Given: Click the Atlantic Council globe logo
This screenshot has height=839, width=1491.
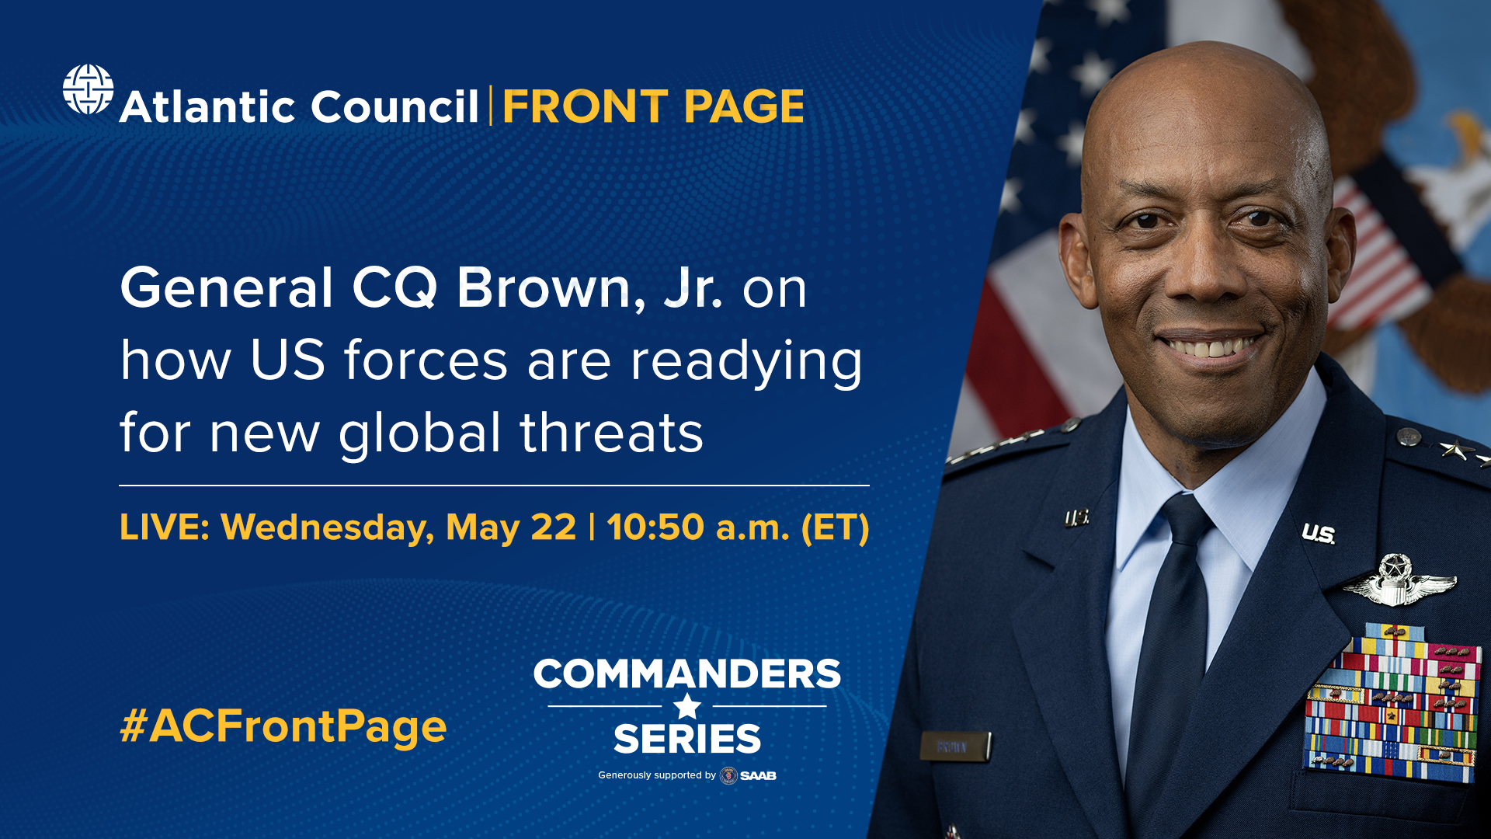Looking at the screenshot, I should click(88, 89).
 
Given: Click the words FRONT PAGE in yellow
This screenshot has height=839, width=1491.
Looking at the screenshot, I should click(653, 106).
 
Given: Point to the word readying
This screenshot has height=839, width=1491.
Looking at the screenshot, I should click(746, 361).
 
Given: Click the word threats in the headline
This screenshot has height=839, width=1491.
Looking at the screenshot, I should click(611, 433).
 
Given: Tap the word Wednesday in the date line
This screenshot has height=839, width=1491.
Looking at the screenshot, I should click(327, 527).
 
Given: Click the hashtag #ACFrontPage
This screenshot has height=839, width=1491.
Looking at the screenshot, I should click(283, 726).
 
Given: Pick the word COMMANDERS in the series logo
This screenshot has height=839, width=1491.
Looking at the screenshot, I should click(687, 674).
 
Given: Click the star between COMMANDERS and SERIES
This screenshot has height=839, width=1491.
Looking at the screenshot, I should click(687, 707).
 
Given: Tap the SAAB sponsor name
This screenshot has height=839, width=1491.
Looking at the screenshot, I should click(758, 775).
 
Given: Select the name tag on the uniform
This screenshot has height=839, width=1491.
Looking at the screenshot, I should click(954, 747).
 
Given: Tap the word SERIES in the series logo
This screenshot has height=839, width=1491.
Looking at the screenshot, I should click(687, 739).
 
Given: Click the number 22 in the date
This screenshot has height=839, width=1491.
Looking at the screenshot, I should click(553, 527).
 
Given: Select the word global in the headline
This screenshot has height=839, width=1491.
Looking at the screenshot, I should click(419, 433).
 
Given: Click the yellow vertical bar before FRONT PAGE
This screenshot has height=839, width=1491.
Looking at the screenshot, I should click(491, 106).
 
